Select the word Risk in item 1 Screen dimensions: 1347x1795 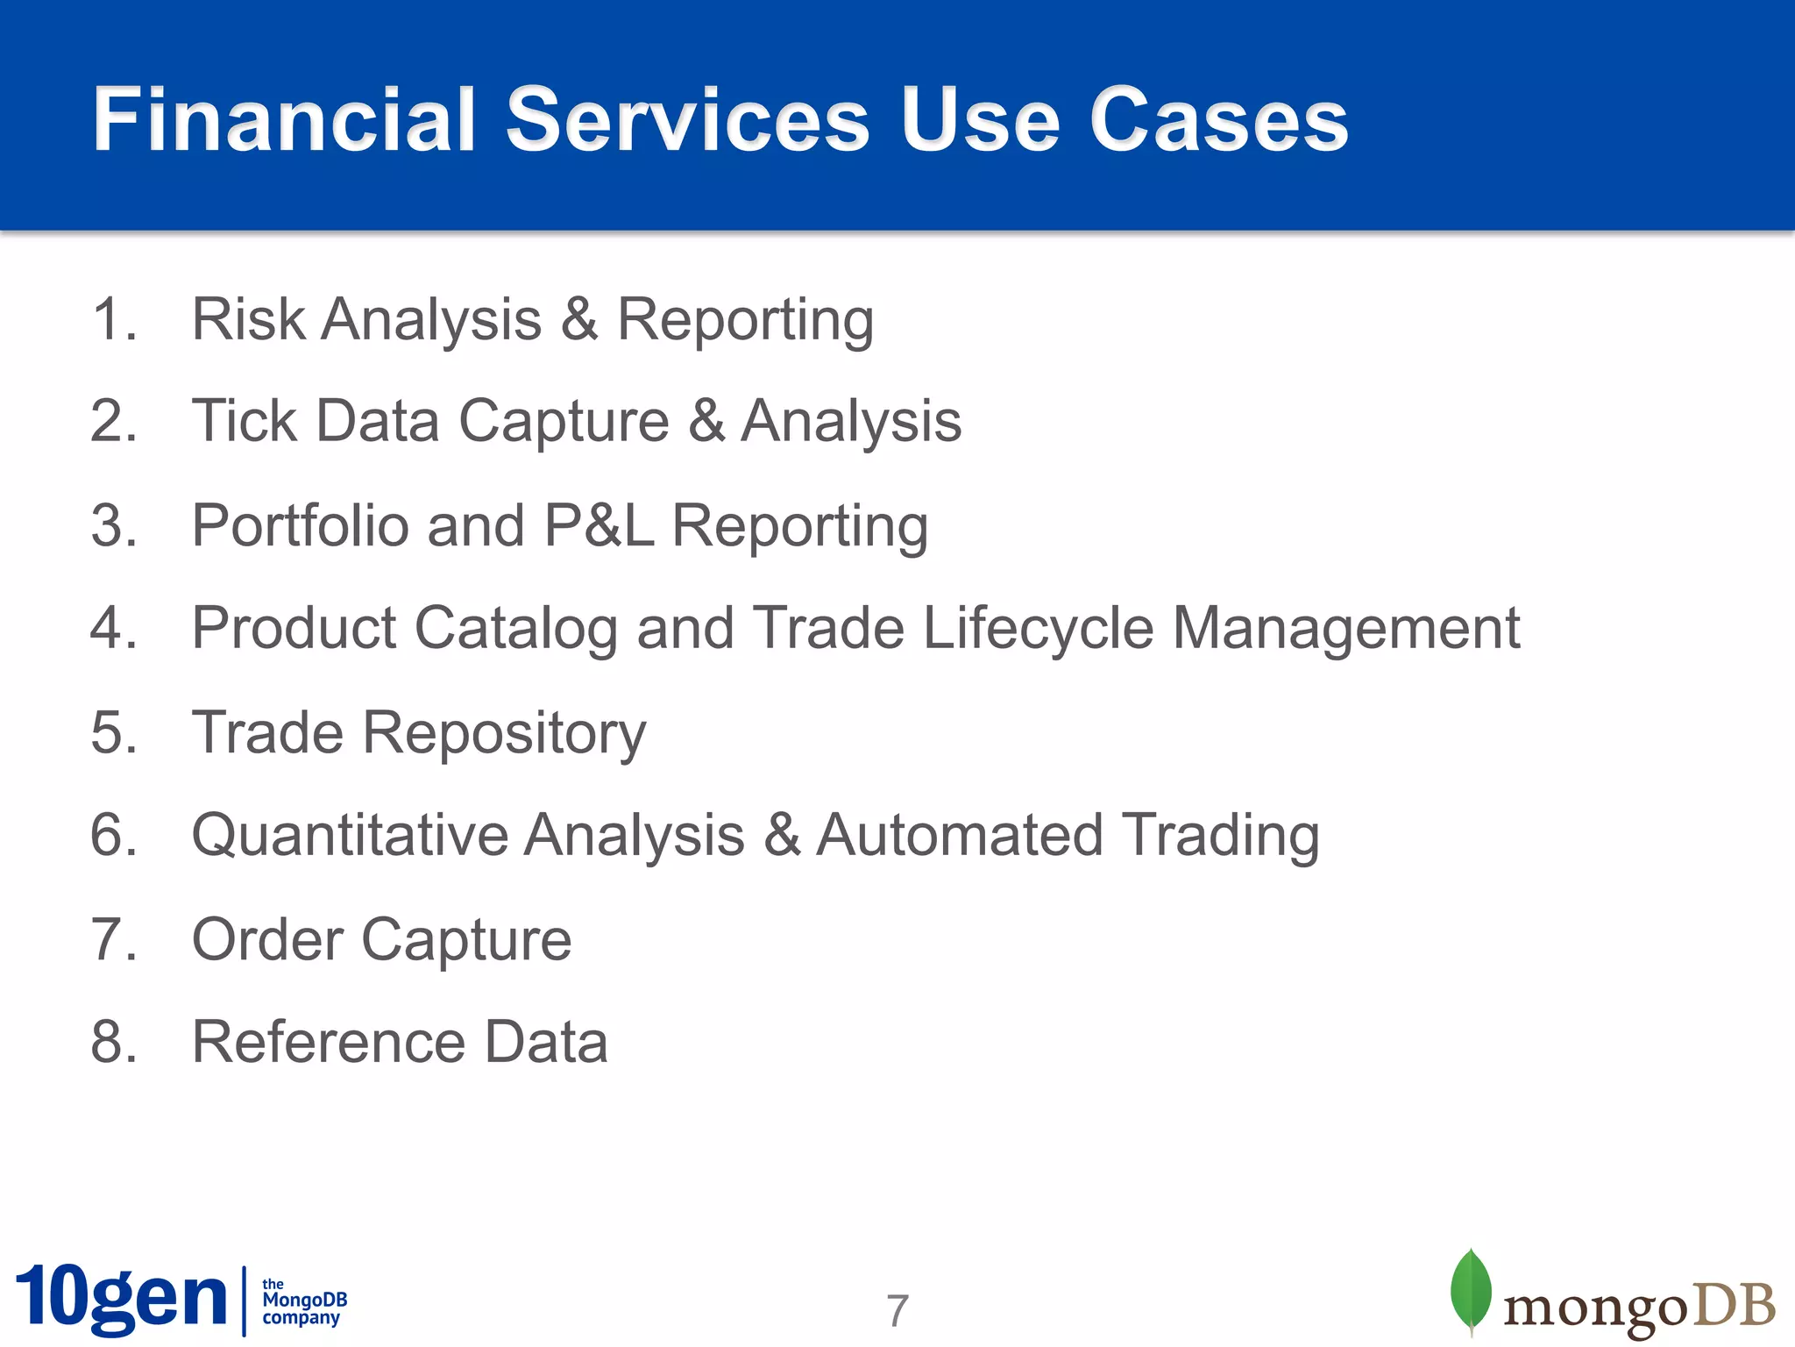248,319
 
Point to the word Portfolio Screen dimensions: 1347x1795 300,526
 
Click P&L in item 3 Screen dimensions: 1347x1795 599,526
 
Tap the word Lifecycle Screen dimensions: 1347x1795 1038,630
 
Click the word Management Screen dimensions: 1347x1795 1345,630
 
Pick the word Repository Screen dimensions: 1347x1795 504,733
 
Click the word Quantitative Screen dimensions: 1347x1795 349,835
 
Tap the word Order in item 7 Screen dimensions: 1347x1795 266,940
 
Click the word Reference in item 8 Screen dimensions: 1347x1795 329,1042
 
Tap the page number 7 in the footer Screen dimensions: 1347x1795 897,1311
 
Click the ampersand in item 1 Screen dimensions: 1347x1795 579,319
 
